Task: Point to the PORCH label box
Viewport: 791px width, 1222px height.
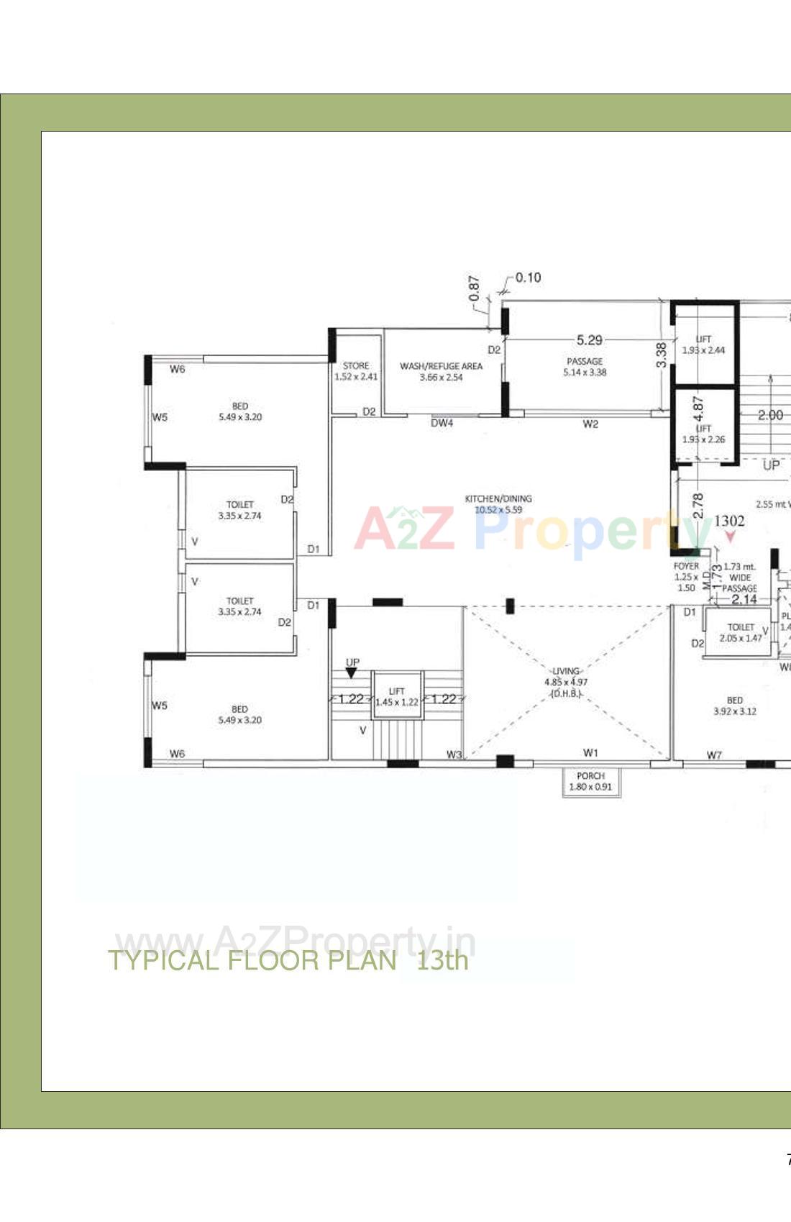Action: [x=590, y=782]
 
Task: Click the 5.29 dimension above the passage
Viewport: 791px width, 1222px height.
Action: [x=589, y=340]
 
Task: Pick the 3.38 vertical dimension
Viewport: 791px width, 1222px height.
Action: [x=662, y=355]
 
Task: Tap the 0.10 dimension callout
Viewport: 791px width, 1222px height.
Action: [x=528, y=278]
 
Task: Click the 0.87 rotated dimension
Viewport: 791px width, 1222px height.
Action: [x=475, y=288]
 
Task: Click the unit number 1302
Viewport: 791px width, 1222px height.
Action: [x=729, y=521]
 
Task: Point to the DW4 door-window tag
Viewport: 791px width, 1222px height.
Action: [x=442, y=424]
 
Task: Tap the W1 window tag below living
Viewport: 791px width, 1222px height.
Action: [x=590, y=753]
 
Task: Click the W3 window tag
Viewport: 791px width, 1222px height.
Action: [x=454, y=754]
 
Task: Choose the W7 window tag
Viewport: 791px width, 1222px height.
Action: [x=713, y=755]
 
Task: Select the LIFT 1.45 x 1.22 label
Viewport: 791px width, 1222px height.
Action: [x=397, y=697]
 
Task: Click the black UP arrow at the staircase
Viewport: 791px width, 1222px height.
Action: [x=351, y=673]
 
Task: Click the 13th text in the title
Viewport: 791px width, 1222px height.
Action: [x=442, y=960]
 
